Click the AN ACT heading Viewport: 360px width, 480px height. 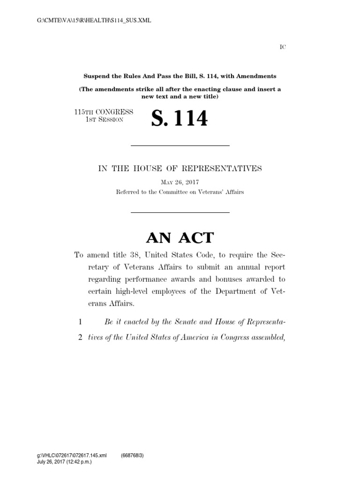[180, 238]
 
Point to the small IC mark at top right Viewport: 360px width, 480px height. [283, 46]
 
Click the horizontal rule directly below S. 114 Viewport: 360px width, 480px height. [180, 146]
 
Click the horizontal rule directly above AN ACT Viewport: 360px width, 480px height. [180, 213]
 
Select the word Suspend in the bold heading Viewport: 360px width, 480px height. [96, 76]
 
